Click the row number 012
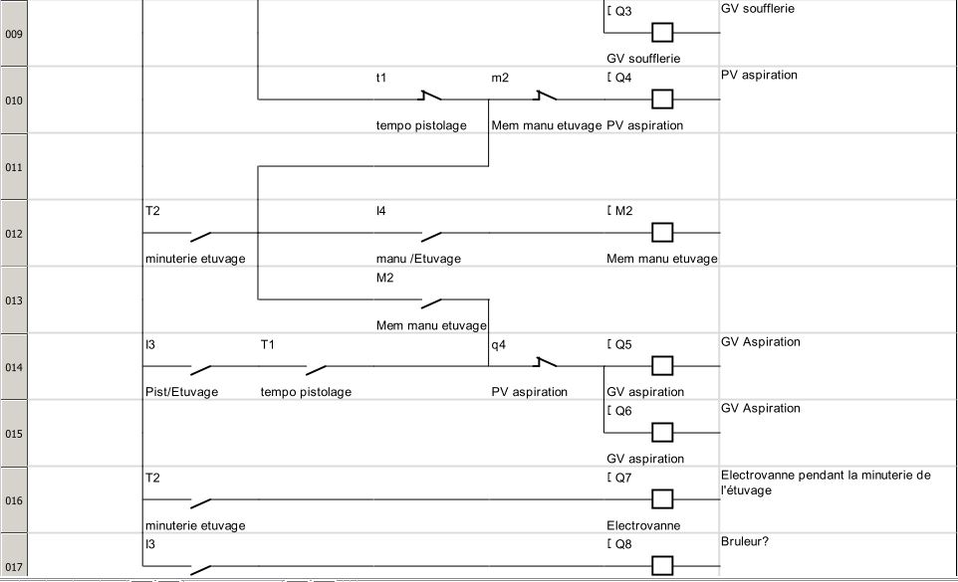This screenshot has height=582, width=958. click(13, 234)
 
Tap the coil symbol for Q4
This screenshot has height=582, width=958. click(662, 99)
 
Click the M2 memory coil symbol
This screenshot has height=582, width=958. click(662, 233)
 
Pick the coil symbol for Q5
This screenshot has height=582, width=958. click(662, 366)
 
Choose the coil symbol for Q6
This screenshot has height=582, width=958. click(662, 433)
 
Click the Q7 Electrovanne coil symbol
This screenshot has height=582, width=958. click(662, 499)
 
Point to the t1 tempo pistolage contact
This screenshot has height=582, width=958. click(430, 98)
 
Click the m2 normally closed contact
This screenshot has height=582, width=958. click(545, 98)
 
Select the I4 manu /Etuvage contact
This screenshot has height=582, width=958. click(430, 234)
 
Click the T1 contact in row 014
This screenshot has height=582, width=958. click(316, 366)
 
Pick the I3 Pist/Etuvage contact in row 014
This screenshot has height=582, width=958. click(200, 366)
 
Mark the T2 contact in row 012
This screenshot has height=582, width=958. click(200, 235)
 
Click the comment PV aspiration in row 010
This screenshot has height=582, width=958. click(759, 76)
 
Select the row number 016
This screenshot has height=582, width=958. click(13, 500)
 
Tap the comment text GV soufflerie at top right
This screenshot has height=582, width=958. click(757, 9)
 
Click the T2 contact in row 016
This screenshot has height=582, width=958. click(200, 499)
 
